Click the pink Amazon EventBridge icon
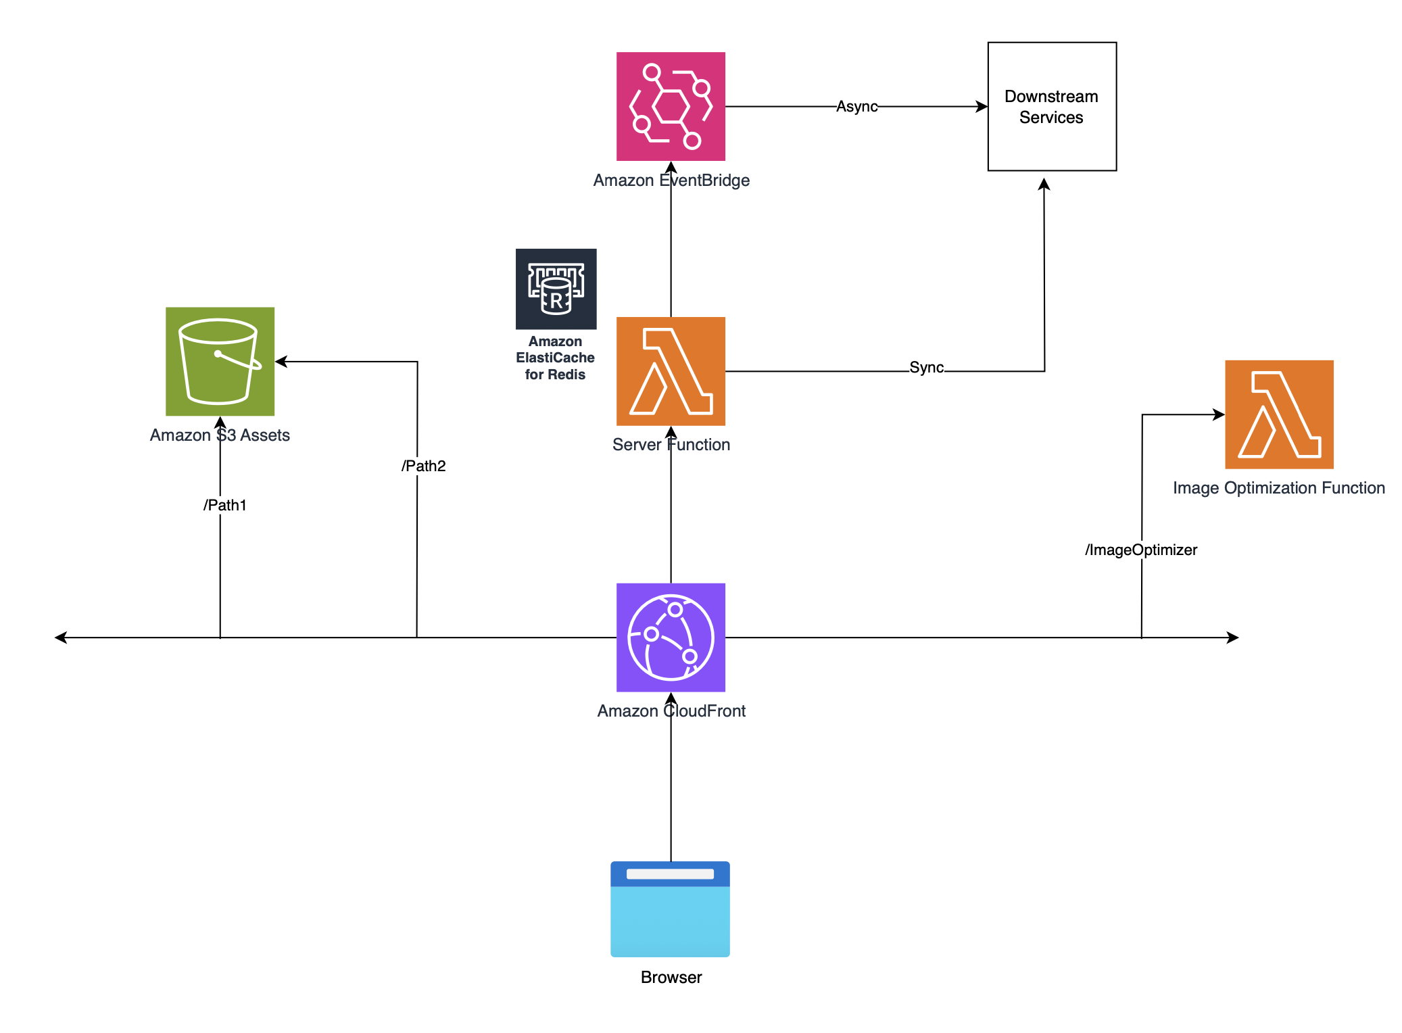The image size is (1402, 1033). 671,106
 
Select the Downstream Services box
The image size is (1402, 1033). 1051,106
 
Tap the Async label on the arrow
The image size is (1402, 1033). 856,106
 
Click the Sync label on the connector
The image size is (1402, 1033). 926,367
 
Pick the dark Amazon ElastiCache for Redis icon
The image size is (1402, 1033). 556,289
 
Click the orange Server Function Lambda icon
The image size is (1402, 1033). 671,371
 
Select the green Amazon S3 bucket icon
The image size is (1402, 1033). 220,361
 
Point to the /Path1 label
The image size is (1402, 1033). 225,505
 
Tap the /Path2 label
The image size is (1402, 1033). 423,466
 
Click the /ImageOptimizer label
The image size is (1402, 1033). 1141,550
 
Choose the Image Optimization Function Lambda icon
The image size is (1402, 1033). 1279,414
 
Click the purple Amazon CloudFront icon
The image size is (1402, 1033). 671,637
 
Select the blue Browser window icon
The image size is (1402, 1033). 670,909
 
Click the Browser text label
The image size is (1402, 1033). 671,977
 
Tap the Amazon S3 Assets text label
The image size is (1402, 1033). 220,435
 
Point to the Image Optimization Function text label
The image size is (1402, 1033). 1278,487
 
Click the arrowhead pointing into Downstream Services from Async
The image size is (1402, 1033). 982,106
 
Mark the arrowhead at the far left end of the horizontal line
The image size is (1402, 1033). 61,637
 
